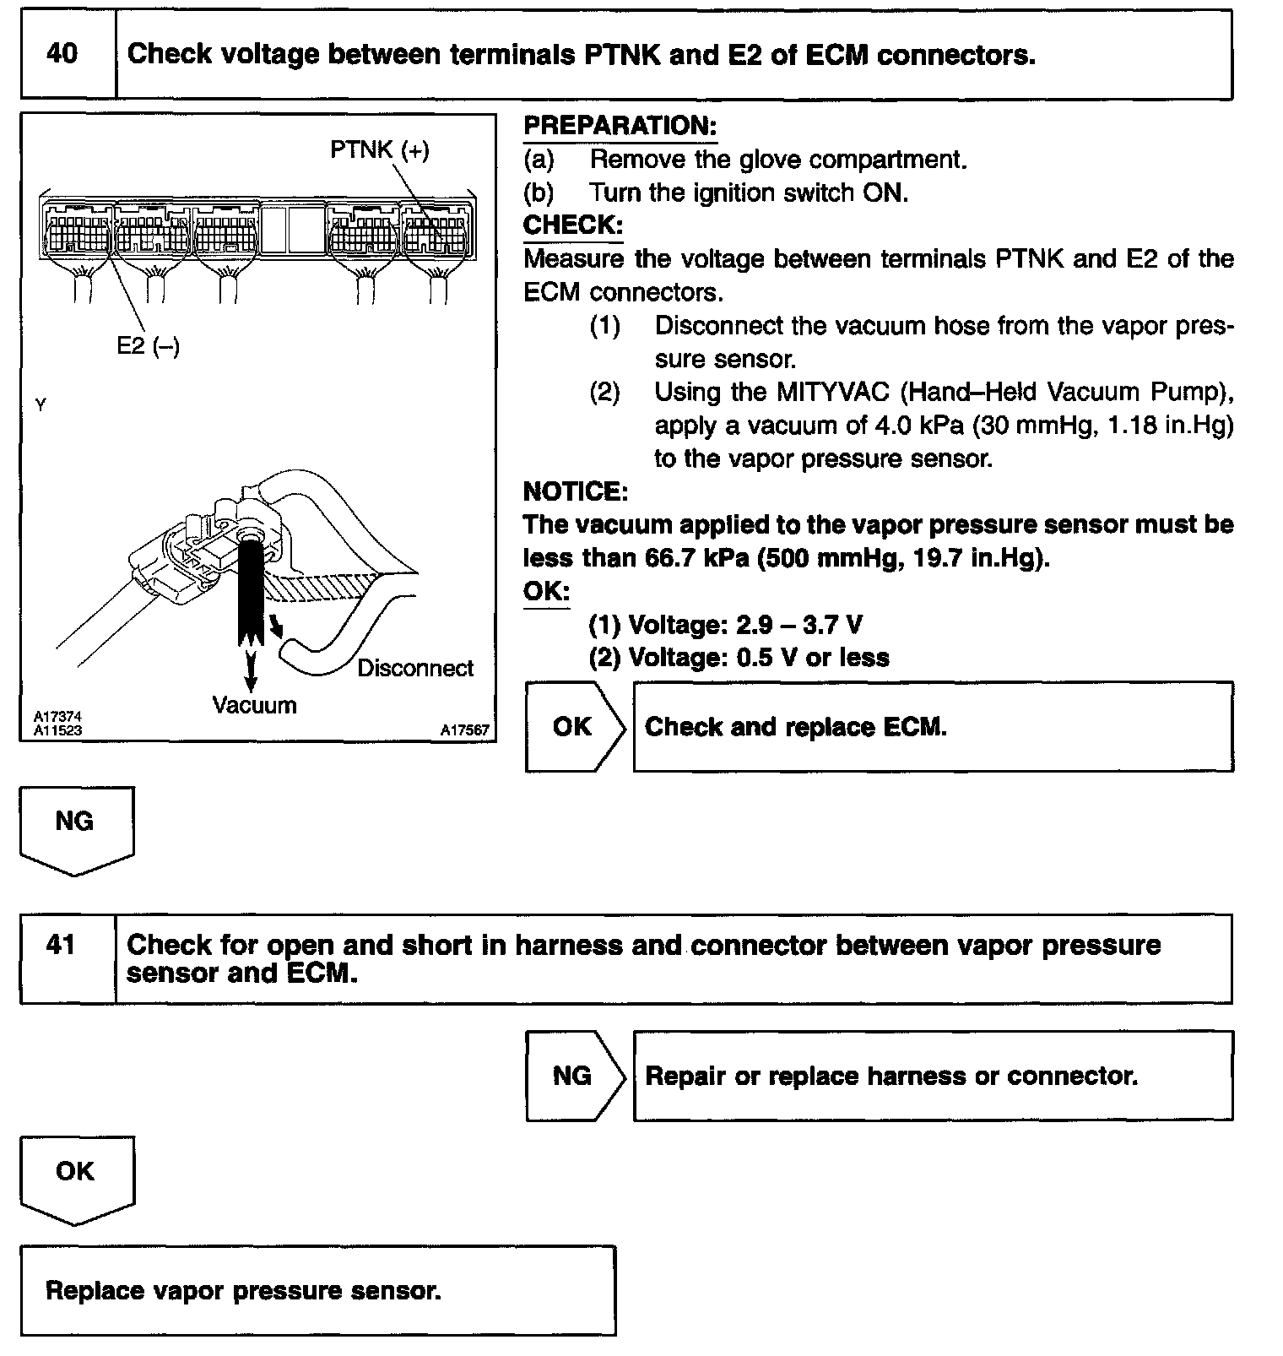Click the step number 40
tap(62, 54)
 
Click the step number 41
tap(62, 945)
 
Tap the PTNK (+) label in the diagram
tap(379, 150)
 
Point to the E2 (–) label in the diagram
tap(148, 345)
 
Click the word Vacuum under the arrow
tap(254, 705)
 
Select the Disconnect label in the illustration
tap(415, 668)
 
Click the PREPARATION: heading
tap(620, 126)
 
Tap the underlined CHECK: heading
tap(572, 225)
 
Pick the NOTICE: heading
tap(575, 491)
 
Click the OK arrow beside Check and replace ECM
tap(573, 727)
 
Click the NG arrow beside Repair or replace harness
tap(573, 1076)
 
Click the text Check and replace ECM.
tap(795, 727)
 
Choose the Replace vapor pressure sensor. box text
tap(243, 1290)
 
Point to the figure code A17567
tap(464, 730)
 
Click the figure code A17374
tap(57, 717)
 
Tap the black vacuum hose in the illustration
tap(249, 591)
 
